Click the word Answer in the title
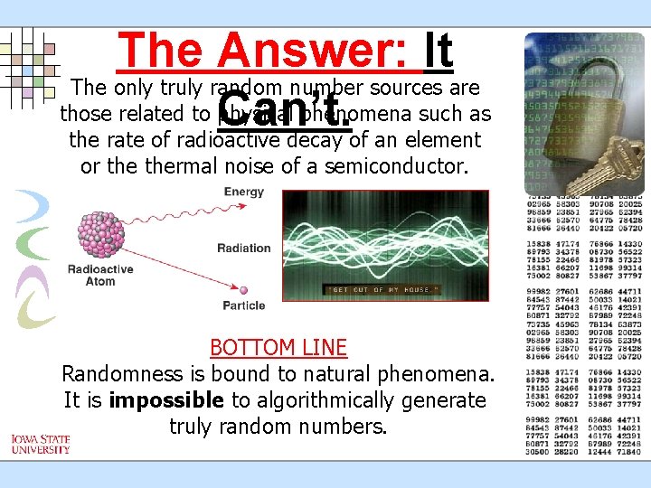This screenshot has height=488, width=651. pos(317,51)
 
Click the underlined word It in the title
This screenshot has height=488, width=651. pos(438,51)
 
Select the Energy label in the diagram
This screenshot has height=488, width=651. pos(243,192)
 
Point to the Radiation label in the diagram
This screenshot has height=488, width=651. pos(243,248)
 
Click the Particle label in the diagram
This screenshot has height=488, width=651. pos(243,305)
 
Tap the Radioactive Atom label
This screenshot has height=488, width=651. pos(100,275)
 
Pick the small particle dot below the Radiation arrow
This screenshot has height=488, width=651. pos(241,290)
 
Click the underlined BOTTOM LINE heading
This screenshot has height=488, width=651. pos(278,347)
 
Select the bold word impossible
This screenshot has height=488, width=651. pos(165,399)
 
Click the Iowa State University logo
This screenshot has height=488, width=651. pos(41,444)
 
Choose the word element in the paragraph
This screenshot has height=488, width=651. pos(444,140)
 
